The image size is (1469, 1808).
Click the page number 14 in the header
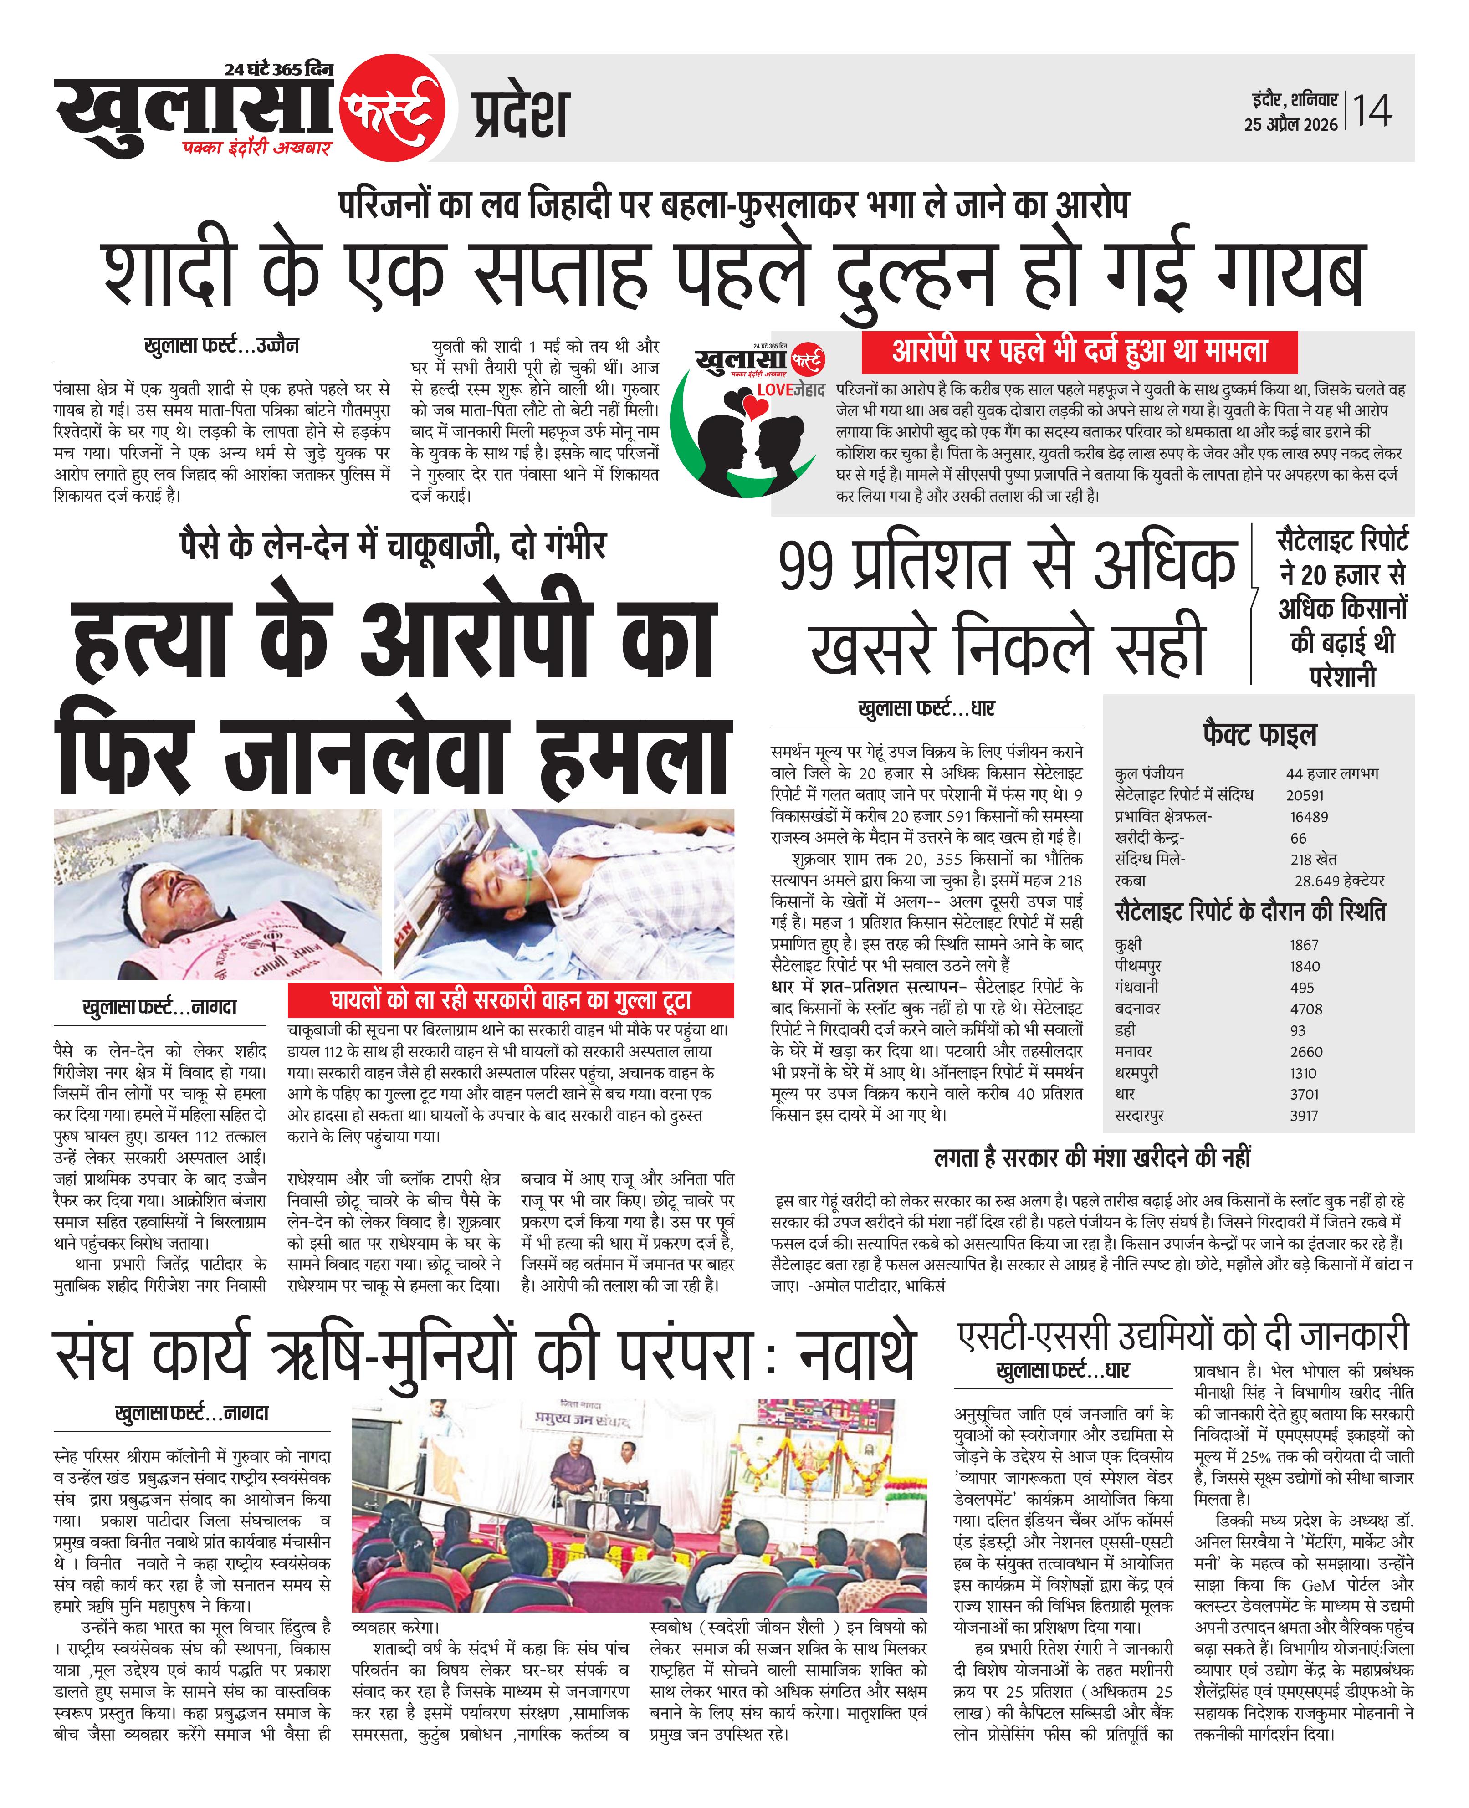point(1372,111)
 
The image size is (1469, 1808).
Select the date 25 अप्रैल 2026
point(1290,124)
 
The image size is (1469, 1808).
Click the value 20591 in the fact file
point(1304,795)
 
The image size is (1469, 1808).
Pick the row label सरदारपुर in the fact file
point(1139,1115)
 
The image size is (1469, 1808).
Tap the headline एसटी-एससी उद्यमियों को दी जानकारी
point(1183,1335)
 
